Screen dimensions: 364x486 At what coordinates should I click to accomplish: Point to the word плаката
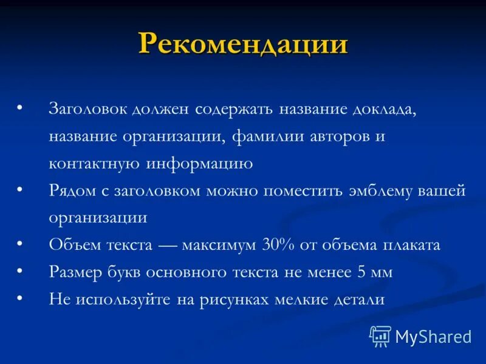(411, 245)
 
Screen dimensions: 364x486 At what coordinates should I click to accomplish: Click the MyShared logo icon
(380, 336)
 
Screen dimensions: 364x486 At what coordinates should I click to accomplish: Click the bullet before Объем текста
(19, 243)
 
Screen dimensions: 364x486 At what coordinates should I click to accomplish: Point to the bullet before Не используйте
(19, 297)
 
